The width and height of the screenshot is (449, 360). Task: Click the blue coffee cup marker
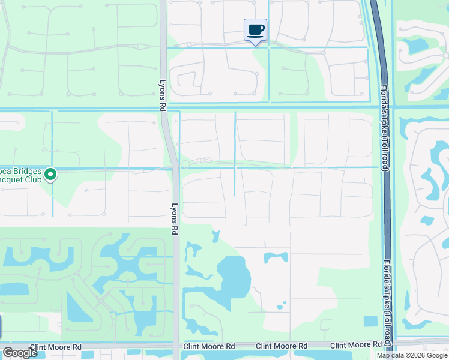pos(255,29)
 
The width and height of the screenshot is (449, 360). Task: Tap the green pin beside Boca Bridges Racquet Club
pos(51,175)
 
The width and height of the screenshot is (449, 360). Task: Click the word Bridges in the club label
pos(28,171)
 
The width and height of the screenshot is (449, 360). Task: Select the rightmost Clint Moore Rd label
pos(356,346)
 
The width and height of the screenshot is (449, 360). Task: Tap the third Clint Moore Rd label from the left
pos(282,346)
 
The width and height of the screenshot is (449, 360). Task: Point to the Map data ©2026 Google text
pos(411,355)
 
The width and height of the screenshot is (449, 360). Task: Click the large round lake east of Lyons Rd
pos(234,276)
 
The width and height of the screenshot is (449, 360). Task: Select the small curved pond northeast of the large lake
pos(276,257)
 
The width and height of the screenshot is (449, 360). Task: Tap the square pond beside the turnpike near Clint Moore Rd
pos(370,321)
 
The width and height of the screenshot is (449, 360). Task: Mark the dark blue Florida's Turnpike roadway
pos(381,60)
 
